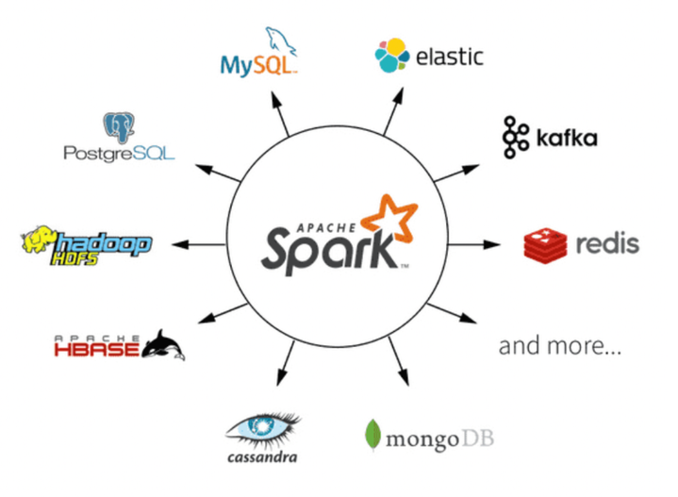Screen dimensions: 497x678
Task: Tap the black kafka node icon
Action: (517, 136)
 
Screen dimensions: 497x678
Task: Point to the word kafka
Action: (566, 140)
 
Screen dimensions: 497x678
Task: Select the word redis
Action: (607, 244)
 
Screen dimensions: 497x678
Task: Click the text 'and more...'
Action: (559, 346)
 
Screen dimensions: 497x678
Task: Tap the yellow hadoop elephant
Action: (39, 241)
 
